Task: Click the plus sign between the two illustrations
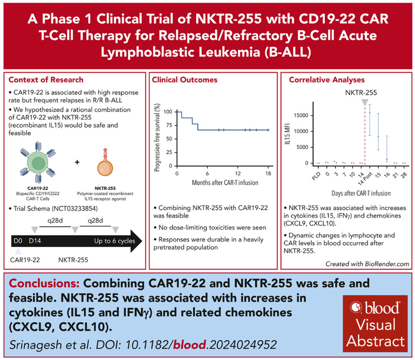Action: (77, 162)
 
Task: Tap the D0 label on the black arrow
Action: (18, 242)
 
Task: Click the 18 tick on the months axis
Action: (268, 173)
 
